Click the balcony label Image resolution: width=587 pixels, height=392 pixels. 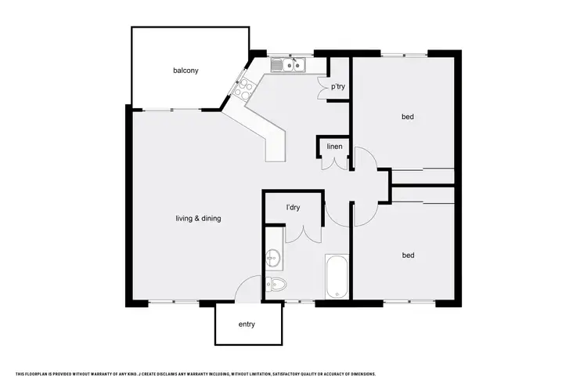pyautogui.click(x=185, y=71)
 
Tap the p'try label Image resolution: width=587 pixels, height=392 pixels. pyautogui.click(x=339, y=86)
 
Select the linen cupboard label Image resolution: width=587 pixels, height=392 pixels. pyautogui.click(x=334, y=147)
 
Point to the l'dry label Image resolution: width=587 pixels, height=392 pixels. pyautogui.click(x=293, y=208)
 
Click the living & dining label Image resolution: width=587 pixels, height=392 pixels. pyautogui.click(x=198, y=219)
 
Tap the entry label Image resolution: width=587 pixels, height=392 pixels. pyautogui.click(x=247, y=324)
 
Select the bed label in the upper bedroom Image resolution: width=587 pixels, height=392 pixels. pyautogui.click(x=407, y=117)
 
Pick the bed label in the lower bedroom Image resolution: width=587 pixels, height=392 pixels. pyautogui.click(x=407, y=255)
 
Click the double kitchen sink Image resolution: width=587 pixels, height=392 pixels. pyautogui.click(x=288, y=64)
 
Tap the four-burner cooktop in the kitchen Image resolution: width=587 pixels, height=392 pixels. pyautogui.click(x=242, y=87)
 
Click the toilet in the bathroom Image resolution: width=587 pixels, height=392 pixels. pyautogui.click(x=276, y=284)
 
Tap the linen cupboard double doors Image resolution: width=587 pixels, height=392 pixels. pyautogui.click(x=333, y=162)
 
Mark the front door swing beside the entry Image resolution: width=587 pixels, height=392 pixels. pyautogui.click(x=249, y=291)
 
